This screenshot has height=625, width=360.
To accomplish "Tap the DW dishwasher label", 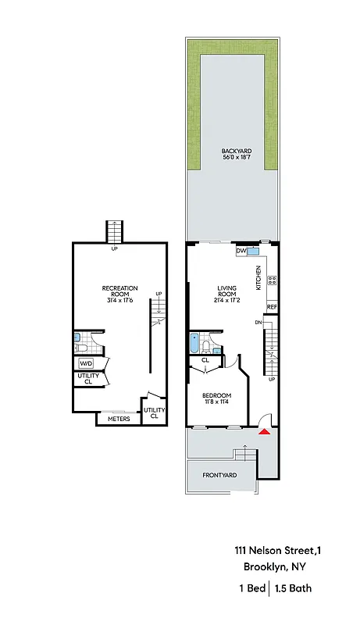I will click(x=241, y=252).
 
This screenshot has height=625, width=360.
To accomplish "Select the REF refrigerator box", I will click(x=272, y=307).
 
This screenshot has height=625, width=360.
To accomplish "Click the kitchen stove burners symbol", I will click(x=272, y=280).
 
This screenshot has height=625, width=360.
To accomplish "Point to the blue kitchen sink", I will click(x=254, y=252).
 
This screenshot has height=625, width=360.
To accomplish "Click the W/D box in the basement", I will click(x=85, y=363).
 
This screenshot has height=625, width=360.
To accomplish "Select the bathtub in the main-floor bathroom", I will click(x=194, y=343).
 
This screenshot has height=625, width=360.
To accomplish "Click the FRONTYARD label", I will click(x=219, y=475).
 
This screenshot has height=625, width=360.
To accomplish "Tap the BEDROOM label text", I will click(x=216, y=395).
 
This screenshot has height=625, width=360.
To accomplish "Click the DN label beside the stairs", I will click(x=258, y=322).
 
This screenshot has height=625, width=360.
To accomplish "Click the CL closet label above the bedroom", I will click(x=205, y=360).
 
